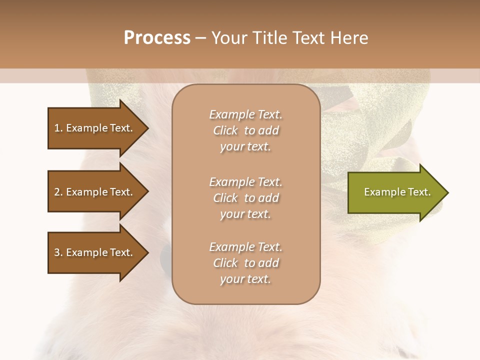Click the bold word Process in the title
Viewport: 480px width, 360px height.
(x=157, y=38)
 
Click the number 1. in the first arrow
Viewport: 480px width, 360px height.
(x=58, y=128)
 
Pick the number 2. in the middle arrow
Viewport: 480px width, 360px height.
(x=58, y=192)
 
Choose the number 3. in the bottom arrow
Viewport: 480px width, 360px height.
(x=58, y=252)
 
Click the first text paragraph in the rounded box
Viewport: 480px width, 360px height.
(x=245, y=130)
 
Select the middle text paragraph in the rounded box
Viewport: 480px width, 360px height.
(x=245, y=198)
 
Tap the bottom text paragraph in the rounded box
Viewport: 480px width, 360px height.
(x=245, y=263)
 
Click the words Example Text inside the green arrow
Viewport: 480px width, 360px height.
(x=397, y=192)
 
